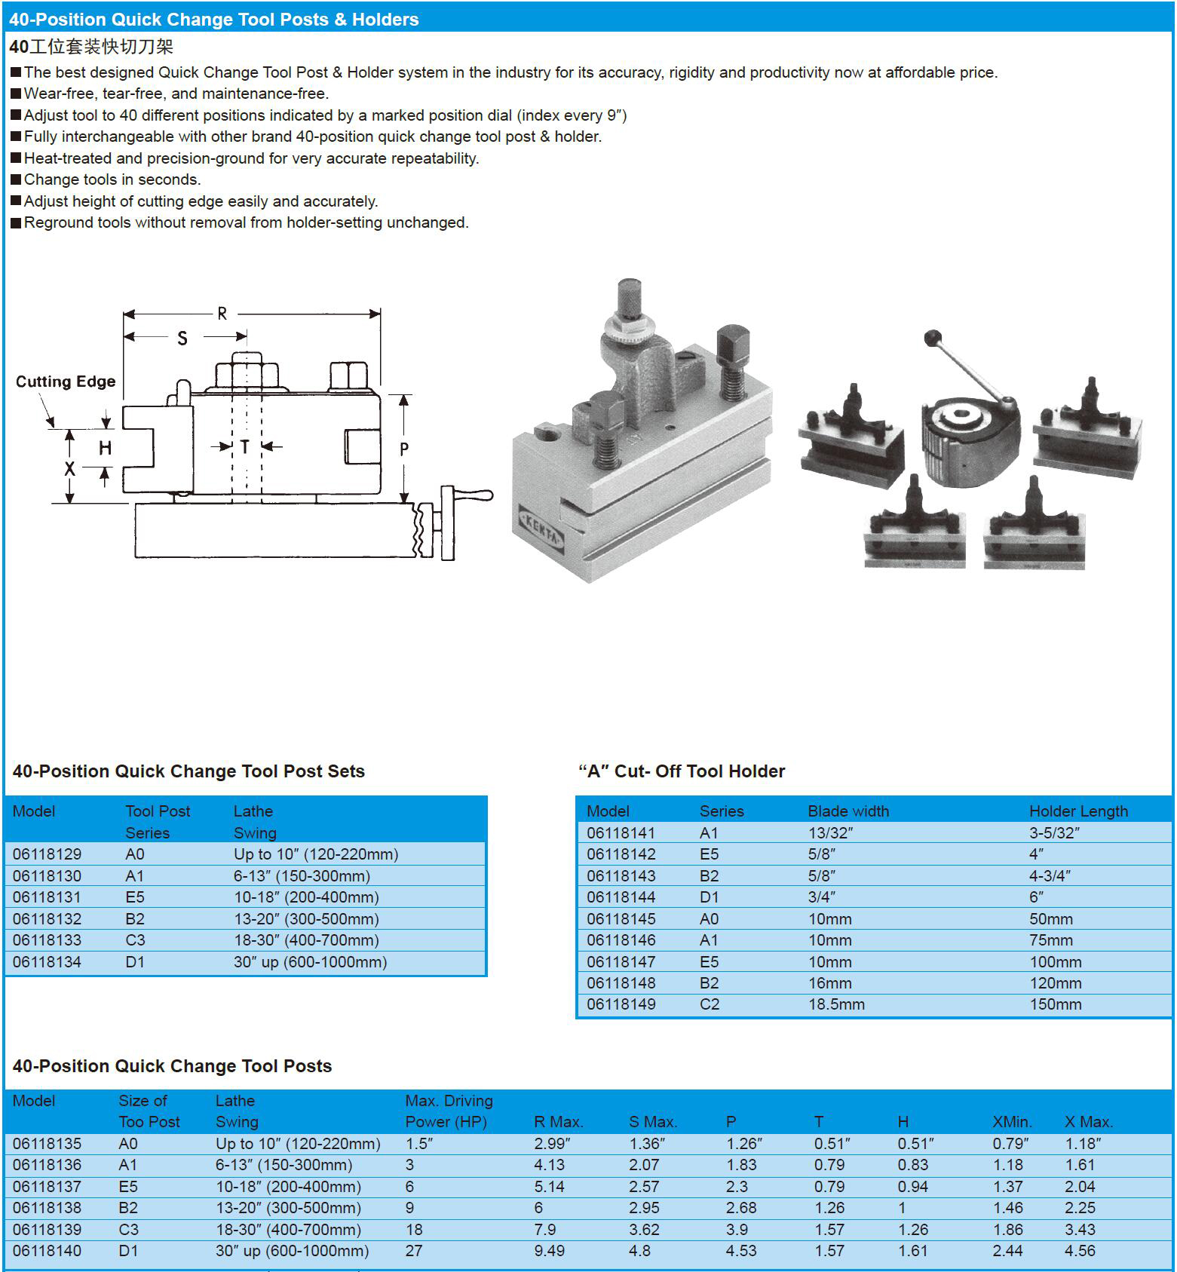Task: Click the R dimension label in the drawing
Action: pos(222,313)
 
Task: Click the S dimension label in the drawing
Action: pos(182,339)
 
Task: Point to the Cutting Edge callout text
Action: pos(66,382)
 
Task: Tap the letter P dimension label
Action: pos(404,449)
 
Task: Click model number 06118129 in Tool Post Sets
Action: pos(47,854)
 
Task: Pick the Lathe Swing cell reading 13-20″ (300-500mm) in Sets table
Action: pos(306,918)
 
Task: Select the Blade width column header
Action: pos(848,811)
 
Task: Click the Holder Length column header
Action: pos(1078,811)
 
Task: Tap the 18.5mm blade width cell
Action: pos(836,1004)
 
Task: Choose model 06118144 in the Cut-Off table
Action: pos(621,897)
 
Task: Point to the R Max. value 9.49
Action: pos(549,1251)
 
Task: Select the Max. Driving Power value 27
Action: pos(414,1251)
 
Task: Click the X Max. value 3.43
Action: pos(1080,1230)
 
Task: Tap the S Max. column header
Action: pos(653,1122)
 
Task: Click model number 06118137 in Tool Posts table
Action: pos(47,1187)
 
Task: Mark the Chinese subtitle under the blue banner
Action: pos(91,47)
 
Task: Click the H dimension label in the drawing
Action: pos(105,448)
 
